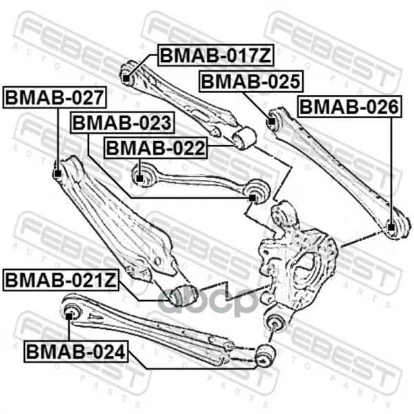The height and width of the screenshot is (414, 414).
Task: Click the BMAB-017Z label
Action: point(216,55)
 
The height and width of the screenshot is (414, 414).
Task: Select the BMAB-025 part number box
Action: point(251,81)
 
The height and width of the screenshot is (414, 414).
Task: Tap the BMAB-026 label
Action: point(350,107)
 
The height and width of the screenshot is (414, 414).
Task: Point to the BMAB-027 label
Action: point(55,97)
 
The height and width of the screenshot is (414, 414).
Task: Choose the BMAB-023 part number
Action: point(122,123)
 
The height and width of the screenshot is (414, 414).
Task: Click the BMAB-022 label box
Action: point(156,148)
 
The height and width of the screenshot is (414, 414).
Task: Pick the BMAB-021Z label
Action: point(61,280)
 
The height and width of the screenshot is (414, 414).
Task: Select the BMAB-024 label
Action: point(76,351)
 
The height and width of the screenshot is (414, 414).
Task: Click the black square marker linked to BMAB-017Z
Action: point(126,79)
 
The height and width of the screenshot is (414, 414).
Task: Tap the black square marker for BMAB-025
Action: point(271,121)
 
